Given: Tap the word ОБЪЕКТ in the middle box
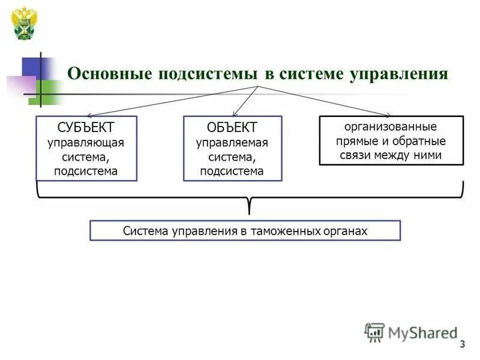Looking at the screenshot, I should (x=232, y=128).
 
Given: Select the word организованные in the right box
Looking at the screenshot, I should (x=391, y=127).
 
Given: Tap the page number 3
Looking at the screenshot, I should (x=462, y=344).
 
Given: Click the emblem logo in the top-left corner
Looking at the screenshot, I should (x=25, y=23).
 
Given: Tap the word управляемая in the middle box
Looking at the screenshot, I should (x=232, y=143).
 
